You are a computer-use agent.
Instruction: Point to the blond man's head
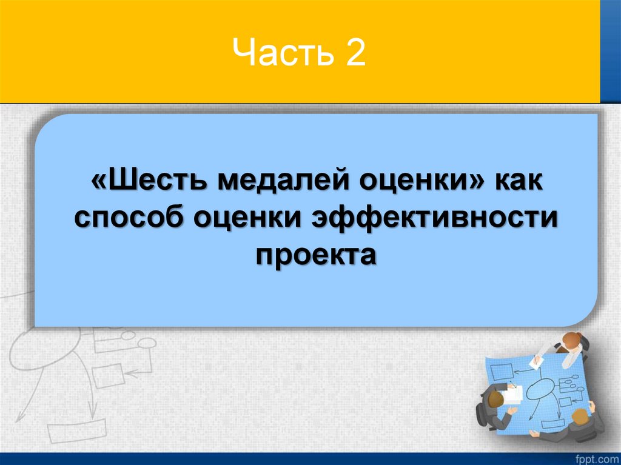[x=579, y=416]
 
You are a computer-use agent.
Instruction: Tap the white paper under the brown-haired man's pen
[x=513, y=394]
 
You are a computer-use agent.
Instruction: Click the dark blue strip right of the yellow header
[x=610, y=52]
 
